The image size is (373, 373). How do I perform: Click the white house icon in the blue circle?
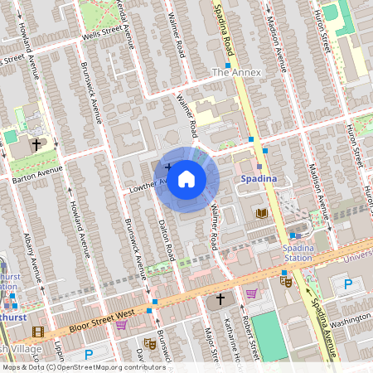click(x=186, y=179)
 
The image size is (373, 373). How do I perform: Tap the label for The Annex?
click(x=236, y=73)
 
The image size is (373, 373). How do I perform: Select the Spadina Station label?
click(x=298, y=253)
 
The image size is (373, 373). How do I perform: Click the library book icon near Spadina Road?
click(x=262, y=214)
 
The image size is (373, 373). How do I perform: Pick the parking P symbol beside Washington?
click(x=348, y=284)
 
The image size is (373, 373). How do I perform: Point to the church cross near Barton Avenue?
click(x=36, y=144)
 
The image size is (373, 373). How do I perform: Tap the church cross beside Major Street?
click(x=220, y=298)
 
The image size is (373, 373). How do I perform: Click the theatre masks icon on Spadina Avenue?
click(x=286, y=282)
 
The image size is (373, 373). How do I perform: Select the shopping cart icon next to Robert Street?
click(x=251, y=293)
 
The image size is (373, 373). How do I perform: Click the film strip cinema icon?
click(x=36, y=332)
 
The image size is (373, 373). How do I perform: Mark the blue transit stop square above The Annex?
click(x=227, y=65)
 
